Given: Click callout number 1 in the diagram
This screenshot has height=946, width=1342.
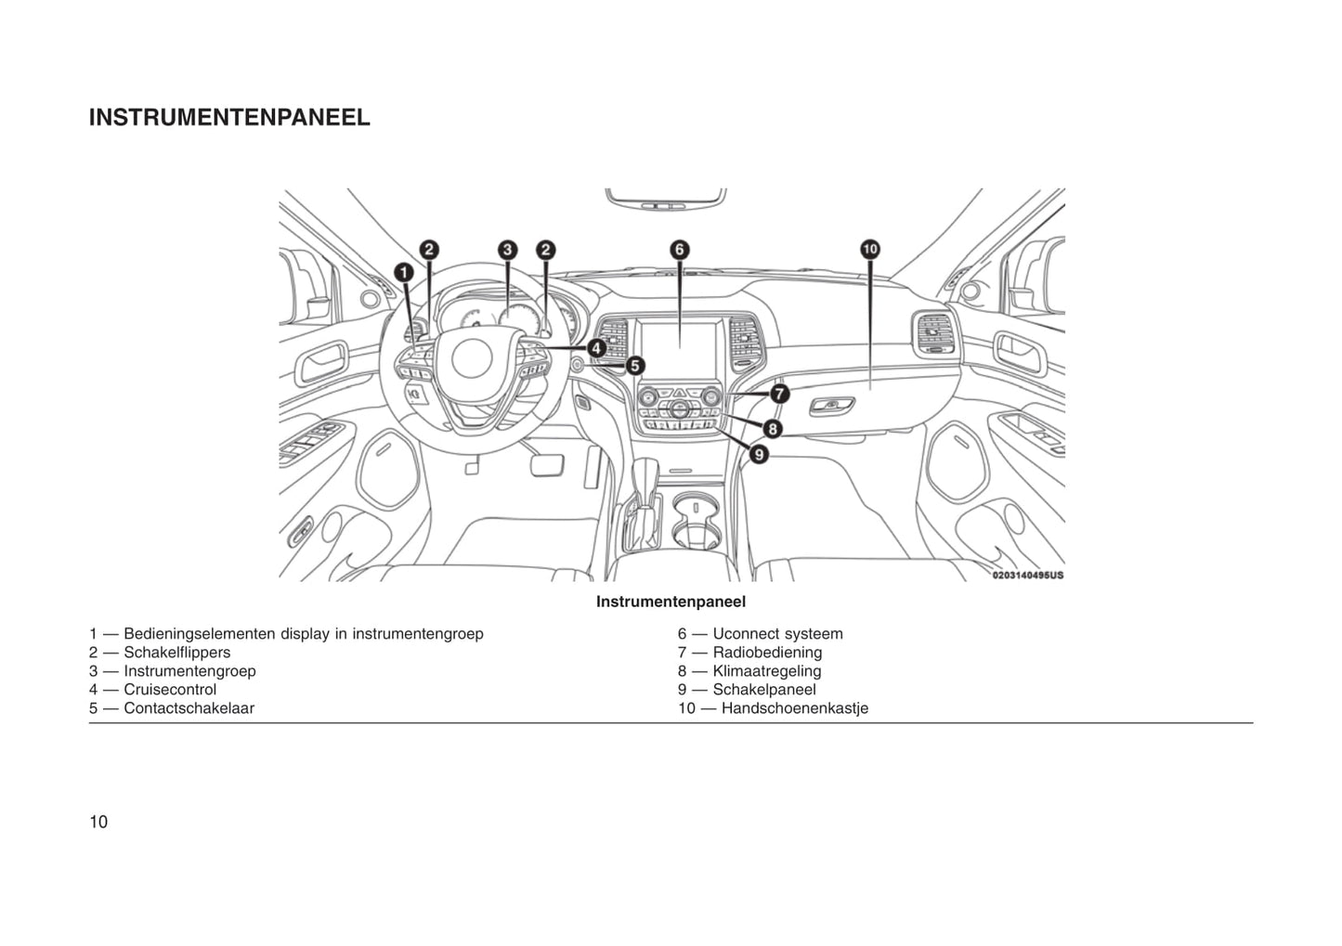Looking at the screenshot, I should coord(404,272).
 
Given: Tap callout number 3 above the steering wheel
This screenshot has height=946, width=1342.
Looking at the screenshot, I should coord(507,250).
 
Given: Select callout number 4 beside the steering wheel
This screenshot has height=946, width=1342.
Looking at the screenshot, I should coord(596,348).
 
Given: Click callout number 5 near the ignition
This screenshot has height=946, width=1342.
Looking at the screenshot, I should coord(635,366).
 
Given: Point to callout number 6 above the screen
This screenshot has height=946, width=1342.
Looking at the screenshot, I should coord(680,249).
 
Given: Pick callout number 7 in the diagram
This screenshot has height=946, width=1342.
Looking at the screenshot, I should coord(778,394).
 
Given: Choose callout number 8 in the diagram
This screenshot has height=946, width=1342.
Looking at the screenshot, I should coord(773,428).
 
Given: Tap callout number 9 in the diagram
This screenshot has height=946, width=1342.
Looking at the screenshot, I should coord(759,454).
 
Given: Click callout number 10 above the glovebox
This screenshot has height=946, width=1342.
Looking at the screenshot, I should coord(869,249).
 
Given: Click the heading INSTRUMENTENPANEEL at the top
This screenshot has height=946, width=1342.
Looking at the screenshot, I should coord(229,118).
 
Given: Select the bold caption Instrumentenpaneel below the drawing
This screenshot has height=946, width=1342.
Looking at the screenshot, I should coord(671,602).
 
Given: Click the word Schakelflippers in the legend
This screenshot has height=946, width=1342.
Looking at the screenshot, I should coord(176,653).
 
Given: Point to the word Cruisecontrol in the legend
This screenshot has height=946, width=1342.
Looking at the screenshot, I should coord(170,690).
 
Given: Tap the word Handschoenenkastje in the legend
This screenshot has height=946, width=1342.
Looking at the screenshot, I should coord(794,708).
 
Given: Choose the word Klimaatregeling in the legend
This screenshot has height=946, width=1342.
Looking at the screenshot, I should coord(766,671).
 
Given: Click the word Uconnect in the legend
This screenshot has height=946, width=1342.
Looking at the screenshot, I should coord(745,634).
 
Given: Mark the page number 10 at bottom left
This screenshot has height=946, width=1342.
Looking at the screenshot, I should coord(98,822).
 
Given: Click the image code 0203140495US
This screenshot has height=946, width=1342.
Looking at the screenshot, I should coord(1027,576).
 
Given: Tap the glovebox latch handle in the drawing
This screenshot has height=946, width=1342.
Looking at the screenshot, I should coord(833,406).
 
